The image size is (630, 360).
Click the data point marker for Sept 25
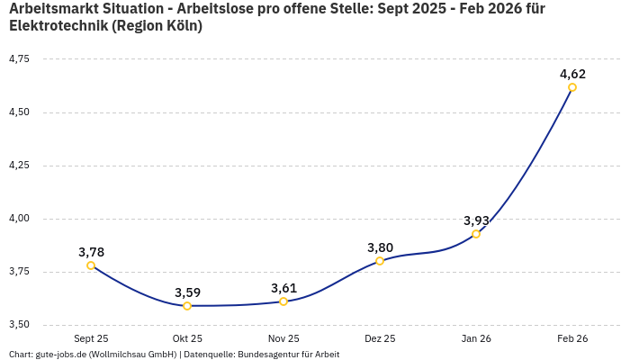click(x=91, y=265)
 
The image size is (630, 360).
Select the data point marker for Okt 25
click(x=187, y=306)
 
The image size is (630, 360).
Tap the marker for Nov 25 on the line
click(x=283, y=301)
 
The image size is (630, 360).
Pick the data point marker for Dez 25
click(x=380, y=261)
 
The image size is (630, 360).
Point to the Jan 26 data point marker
click(x=476, y=234)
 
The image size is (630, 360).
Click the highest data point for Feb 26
click(x=572, y=87)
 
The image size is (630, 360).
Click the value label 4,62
click(x=572, y=74)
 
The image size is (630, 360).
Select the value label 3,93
click(x=476, y=220)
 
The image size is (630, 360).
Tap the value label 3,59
click(x=187, y=292)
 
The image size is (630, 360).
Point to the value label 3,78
click(x=91, y=252)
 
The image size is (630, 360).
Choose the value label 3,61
click(x=283, y=288)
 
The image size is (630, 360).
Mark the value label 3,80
click(x=380, y=247)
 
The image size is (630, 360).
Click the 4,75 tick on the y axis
click(x=19, y=59)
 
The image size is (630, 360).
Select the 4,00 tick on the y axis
click(x=19, y=219)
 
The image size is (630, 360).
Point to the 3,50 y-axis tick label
click(x=19, y=325)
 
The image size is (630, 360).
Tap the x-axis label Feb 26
click(x=572, y=338)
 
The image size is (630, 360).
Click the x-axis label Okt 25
click(x=187, y=338)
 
